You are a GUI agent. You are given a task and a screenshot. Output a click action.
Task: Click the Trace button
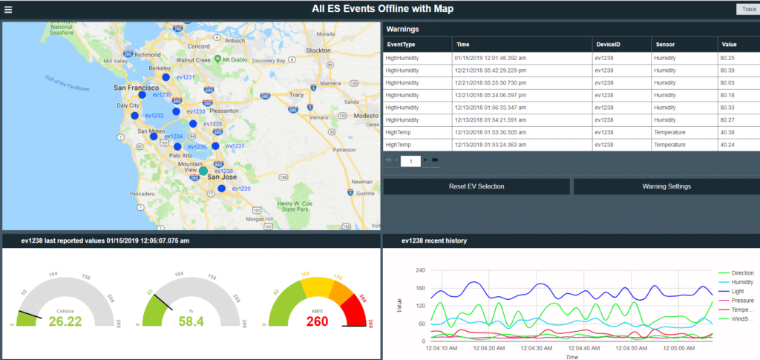(x=745, y=9)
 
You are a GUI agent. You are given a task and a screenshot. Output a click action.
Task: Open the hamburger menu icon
(x=8, y=9)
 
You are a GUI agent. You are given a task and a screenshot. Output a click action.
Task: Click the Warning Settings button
(x=666, y=186)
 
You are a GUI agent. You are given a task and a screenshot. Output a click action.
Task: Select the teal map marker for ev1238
(x=203, y=171)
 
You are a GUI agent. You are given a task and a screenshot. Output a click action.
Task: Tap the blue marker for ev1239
(x=222, y=189)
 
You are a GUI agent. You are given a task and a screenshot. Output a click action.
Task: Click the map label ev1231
(x=184, y=78)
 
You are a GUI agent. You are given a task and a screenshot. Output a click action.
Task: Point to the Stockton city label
(x=318, y=50)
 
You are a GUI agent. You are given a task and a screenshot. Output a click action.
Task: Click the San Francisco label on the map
(x=135, y=88)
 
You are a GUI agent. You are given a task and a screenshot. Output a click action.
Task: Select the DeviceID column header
(x=608, y=45)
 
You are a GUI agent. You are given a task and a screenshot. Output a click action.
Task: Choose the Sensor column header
(x=664, y=45)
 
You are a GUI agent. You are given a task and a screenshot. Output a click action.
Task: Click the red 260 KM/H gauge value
(x=316, y=321)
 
